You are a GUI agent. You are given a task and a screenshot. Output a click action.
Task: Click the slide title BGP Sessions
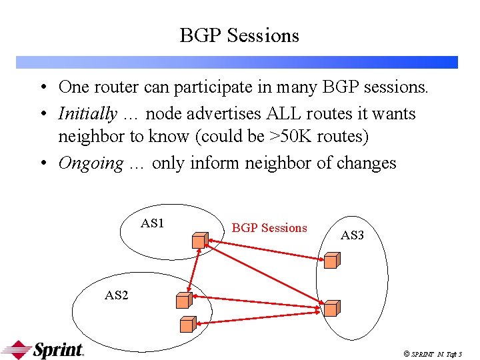239,35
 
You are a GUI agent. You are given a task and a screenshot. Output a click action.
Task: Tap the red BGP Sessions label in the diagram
269,228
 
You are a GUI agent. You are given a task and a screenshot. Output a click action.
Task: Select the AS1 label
152,223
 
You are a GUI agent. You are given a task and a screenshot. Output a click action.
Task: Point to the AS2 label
117,295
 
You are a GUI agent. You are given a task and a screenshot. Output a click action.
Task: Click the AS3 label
352,235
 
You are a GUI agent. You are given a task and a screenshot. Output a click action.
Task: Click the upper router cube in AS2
184,300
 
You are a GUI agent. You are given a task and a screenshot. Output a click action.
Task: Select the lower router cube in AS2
188,324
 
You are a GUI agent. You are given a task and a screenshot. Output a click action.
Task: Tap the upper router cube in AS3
331,260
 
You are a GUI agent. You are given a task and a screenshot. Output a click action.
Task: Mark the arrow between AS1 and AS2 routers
193,270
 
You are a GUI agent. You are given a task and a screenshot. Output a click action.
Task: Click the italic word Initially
87,114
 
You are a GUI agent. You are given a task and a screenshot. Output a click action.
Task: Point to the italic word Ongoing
91,163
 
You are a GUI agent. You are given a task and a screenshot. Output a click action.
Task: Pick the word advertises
219,114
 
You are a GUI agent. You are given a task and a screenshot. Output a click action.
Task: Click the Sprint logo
43,349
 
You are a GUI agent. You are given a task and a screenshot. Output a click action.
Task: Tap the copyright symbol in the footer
405,353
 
